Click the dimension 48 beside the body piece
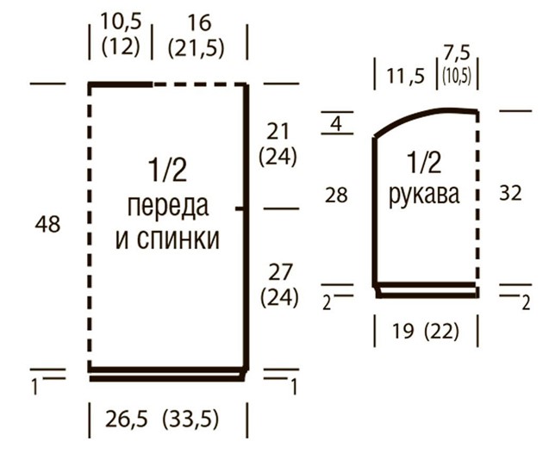pyautogui.click(x=47, y=224)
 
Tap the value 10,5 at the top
pyautogui.click(x=122, y=22)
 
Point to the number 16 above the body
pyautogui.click(x=200, y=23)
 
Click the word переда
pyautogui.click(x=168, y=207)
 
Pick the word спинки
pyautogui.click(x=178, y=239)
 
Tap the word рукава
pyautogui.click(x=424, y=195)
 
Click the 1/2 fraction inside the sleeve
pyautogui.click(x=424, y=163)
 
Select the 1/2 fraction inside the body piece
pyautogui.click(x=168, y=170)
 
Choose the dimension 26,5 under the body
pyautogui.click(x=127, y=419)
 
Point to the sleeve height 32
pyautogui.click(x=510, y=193)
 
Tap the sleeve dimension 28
pyautogui.click(x=336, y=195)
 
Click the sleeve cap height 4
pyautogui.click(x=336, y=123)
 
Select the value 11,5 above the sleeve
pyautogui.click(x=405, y=76)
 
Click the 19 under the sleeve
pyautogui.click(x=402, y=331)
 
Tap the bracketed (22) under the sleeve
pyautogui.click(x=441, y=331)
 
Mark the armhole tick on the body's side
pyautogui.click(x=240, y=209)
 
